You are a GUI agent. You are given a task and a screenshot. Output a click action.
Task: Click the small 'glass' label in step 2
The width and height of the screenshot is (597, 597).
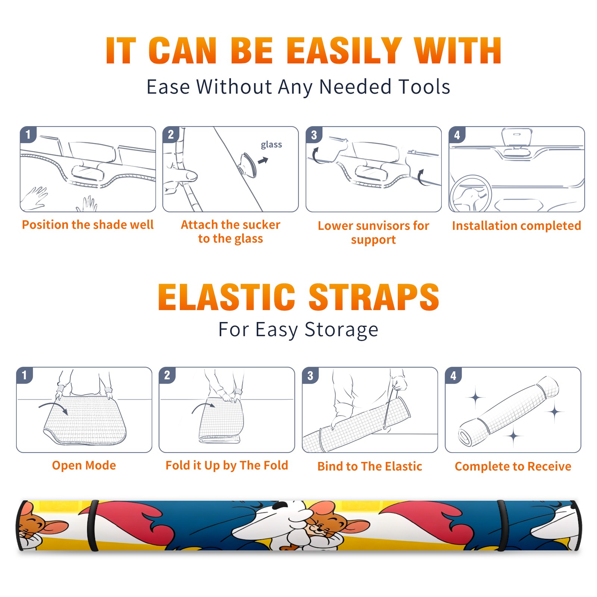(271, 145)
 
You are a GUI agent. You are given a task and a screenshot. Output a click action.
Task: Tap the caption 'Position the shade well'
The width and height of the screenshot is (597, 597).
(88, 225)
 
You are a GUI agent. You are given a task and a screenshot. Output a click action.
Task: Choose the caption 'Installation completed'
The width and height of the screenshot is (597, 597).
(516, 226)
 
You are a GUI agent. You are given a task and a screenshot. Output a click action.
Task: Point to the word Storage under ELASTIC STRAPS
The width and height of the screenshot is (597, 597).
(341, 330)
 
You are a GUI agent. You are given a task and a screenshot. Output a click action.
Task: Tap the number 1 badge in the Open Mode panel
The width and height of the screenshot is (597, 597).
(25, 375)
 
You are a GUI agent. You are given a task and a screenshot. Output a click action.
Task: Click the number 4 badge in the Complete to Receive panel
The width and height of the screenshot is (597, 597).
(453, 375)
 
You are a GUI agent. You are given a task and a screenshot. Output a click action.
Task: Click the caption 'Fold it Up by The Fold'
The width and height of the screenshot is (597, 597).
(227, 465)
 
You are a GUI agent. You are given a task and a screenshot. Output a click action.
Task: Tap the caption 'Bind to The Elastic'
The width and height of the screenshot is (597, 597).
(370, 466)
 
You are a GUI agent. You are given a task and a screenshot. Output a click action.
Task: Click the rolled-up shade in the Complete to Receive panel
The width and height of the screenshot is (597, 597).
(508, 411)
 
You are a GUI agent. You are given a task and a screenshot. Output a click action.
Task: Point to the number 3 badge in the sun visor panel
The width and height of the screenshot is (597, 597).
(314, 135)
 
